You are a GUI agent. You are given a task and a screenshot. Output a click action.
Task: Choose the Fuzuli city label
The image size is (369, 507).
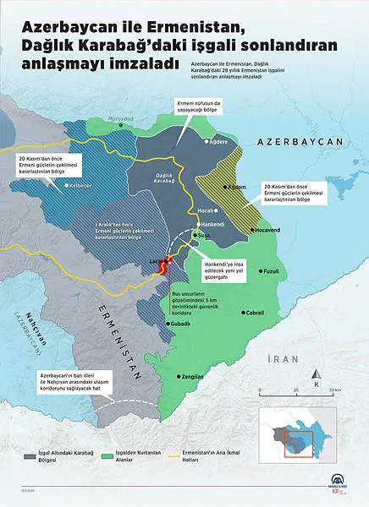click(x=271, y=271)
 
